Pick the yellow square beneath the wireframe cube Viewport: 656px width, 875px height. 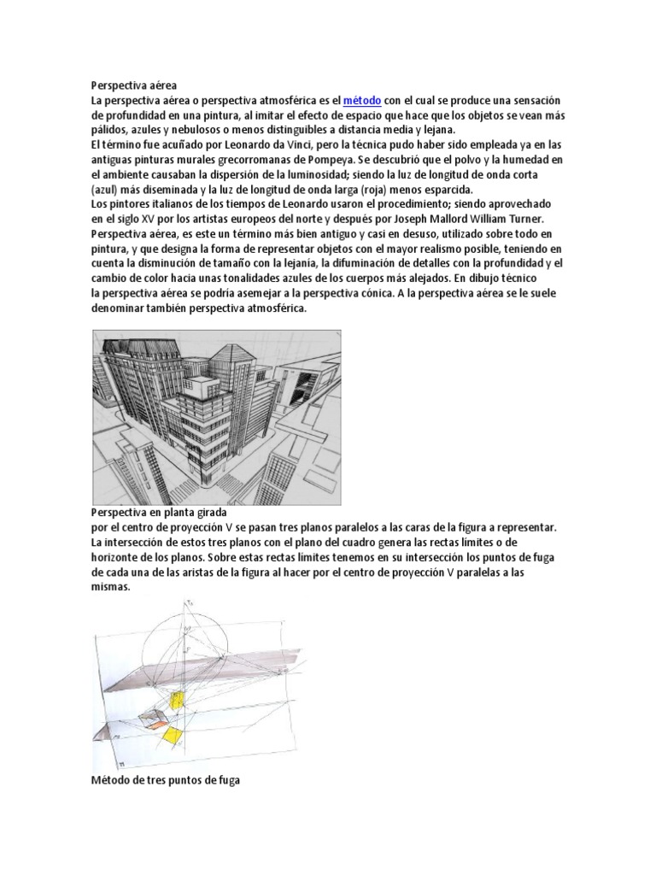[x=172, y=736]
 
